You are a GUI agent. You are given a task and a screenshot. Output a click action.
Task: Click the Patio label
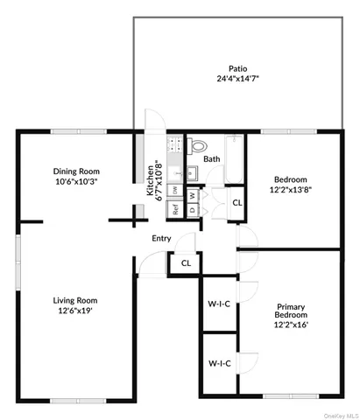pyautogui.click(x=238, y=67)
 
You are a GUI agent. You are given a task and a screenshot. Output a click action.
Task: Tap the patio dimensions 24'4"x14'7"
pyautogui.click(x=238, y=79)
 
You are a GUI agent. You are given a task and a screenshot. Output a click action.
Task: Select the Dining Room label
pyautogui.click(x=76, y=171)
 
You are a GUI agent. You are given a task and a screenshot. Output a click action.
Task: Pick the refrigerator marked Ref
pyautogui.click(x=175, y=209)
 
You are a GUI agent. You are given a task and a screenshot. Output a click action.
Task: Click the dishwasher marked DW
pyautogui.click(x=175, y=189)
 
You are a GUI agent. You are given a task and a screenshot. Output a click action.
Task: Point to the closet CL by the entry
pyautogui.click(x=186, y=262)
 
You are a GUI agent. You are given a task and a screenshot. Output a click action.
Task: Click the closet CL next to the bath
pyautogui.click(x=237, y=204)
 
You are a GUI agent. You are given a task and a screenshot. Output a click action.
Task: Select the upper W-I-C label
pyautogui.click(x=219, y=304)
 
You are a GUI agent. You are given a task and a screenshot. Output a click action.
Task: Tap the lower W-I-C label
pyautogui.click(x=219, y=362)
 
